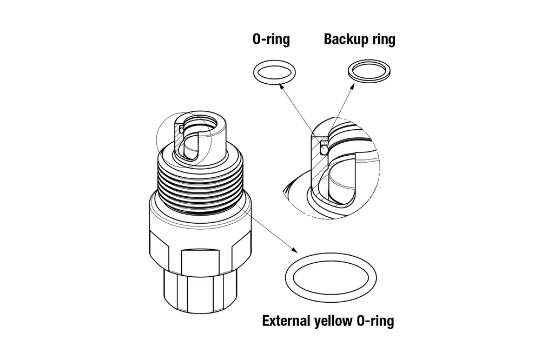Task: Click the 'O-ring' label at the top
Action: tap(271, 39)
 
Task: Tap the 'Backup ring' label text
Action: tap(359, 39)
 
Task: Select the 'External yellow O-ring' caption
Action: tap(328, 321)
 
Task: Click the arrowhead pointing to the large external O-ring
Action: tap(294, 250)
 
